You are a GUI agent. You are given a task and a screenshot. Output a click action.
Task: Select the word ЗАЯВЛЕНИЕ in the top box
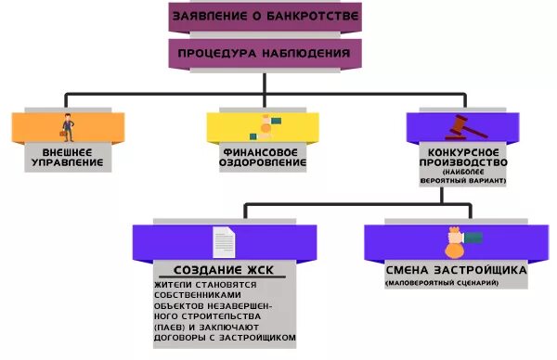point(213,17)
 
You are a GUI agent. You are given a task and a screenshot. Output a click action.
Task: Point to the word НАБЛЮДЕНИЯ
point(307,53)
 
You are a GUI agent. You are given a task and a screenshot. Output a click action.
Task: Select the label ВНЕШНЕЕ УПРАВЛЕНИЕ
point(67,156)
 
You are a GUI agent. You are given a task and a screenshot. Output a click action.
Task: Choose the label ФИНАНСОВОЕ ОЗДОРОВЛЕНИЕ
point(264,156)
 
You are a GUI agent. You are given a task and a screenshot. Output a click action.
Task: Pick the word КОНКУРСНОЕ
point(461,150)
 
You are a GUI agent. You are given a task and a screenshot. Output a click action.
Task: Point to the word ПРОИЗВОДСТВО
point(461,161)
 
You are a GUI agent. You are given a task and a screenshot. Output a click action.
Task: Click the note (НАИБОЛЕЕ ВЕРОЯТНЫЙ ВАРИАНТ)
point(461,176)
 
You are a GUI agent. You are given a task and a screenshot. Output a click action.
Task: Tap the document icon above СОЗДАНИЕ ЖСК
point(224,242)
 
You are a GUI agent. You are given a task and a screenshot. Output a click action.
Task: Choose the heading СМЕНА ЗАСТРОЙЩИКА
point(457,270)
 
